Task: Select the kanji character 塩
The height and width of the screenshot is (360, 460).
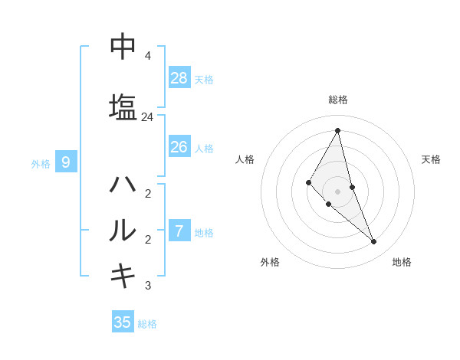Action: coord(123,106)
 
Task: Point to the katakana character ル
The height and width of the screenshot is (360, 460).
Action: coord(123,230)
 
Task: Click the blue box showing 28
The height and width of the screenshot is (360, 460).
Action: coord(179,77)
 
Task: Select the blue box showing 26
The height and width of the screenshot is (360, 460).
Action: coord(179,146)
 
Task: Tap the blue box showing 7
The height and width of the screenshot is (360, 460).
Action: coord(179,230)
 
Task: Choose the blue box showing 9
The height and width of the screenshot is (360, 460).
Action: coord(66,162)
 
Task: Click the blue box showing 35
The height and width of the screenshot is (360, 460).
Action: coord(123,322)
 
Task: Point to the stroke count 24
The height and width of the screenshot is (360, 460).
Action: coord(147,117)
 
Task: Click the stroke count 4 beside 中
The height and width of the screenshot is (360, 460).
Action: coord(147,56)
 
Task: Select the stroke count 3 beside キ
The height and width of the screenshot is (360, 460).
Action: coord(147,286)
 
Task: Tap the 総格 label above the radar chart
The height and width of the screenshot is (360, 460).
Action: coord(337,100)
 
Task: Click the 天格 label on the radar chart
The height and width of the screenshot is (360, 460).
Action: coord(431,159)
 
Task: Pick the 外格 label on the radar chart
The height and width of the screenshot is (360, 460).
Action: coord(270,262)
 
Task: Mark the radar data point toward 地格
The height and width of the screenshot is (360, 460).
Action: coord(373,241)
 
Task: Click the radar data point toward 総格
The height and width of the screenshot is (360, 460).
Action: coord(337,130)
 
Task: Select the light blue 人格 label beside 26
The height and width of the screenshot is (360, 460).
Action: coord(204,148)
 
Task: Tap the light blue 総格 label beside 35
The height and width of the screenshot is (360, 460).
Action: coord(147,324)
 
